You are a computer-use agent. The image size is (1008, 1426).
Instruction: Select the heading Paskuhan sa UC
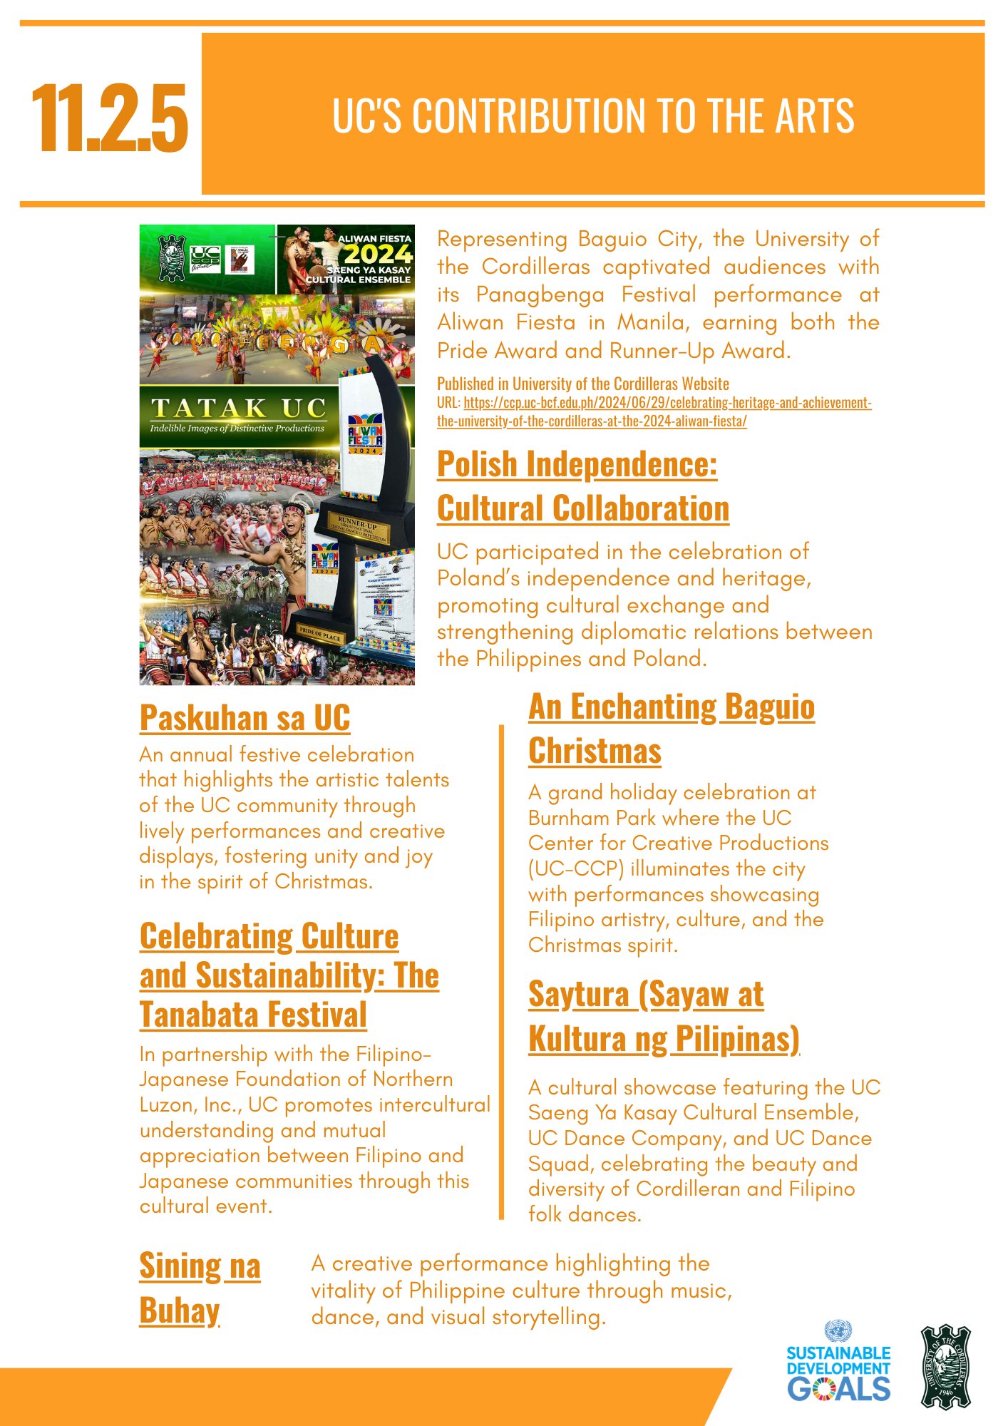click(245, 718)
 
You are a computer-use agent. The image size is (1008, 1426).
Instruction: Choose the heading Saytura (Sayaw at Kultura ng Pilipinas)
click(663, 1017)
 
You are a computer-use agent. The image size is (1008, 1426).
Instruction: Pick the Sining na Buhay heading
click(200, 1288)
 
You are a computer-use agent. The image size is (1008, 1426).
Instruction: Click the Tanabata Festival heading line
click(253, 1015)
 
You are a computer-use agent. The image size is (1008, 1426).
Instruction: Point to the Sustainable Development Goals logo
click(838, 1364)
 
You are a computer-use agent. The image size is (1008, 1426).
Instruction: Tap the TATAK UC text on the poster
click(238, 408)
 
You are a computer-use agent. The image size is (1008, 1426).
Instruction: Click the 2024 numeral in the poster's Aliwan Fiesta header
click(378, 254)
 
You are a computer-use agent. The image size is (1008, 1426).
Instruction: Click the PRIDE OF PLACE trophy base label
click(320, 633)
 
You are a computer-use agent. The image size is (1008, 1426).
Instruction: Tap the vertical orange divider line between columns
click(501, 970)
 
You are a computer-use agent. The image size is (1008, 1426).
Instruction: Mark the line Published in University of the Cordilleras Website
click(582, 384)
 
